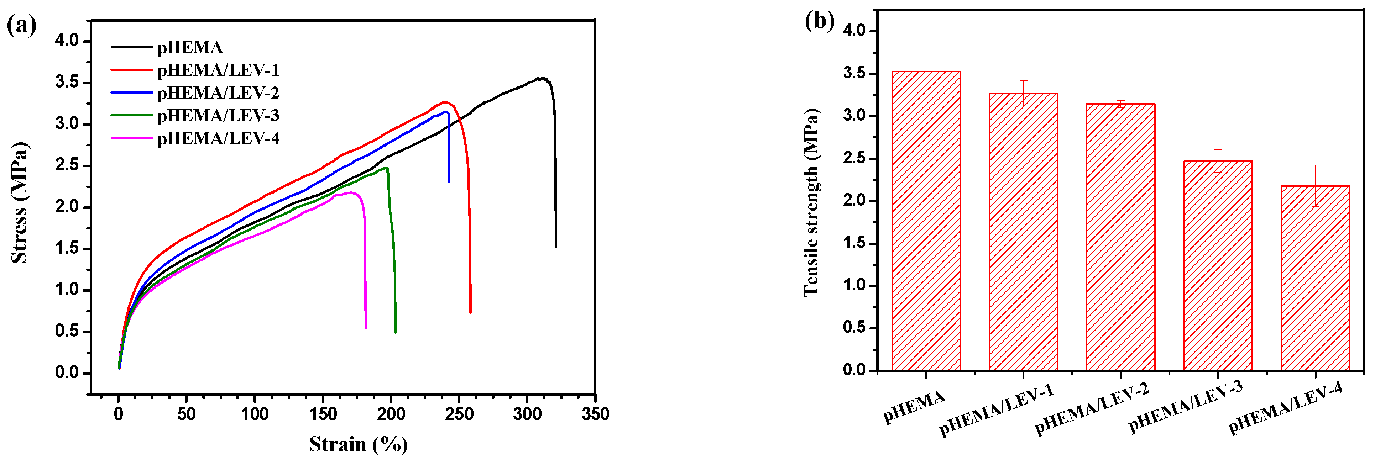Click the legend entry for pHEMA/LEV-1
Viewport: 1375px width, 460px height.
pyautogui.click(x=218, y=70)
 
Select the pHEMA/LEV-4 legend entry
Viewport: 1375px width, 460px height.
pyautogui.click(x=218, y=139)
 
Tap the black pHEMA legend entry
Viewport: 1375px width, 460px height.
pyautogui.click(x=189, y=48)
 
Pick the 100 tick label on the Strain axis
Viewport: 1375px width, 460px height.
pyautogui.click(x=255, y=414)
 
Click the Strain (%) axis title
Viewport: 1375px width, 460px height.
pyautogui.click(x=358, y=444)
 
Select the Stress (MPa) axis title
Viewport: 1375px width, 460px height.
pyautogui.click(x=19, y=203)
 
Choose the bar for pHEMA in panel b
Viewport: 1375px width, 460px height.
pyautogui.click(x=926, y=221)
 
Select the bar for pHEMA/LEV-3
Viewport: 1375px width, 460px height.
pyautogui.click(x=1218, y=266)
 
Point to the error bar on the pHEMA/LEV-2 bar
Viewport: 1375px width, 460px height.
pyautogui.click(x=1120, y=104)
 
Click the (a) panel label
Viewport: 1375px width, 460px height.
pyautogui.click(x=21, y=25)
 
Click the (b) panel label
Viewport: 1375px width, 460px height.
pyautogui.click(x=819, y=21)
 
